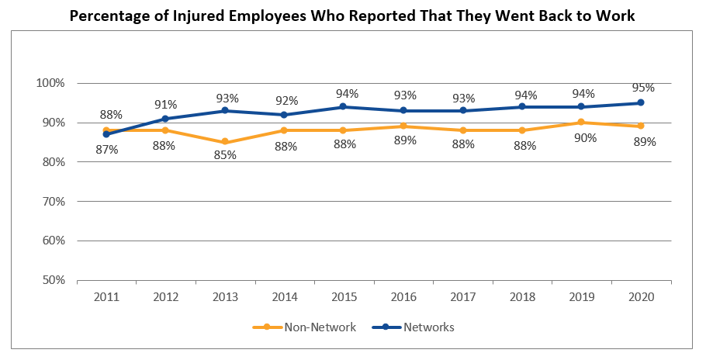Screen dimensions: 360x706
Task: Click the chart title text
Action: pyautogui.click(x=352, y=16)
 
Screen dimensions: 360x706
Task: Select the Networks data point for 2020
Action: pyautogui.click(x=641, y=102)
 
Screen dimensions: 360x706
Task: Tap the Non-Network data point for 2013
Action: pyautogui.click(x=225, y=142)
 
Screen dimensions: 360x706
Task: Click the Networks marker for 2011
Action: pyautogui.click(x=106, y=134)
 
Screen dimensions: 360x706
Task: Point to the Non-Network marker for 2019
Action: pyautogui.click(x=581, y=123)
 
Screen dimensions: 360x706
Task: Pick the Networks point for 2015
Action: pyautogui.click(x=344, y=107)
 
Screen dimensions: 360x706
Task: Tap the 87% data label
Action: pyautogui.click(x=106, y=149)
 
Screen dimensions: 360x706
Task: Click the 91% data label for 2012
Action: pyautogui.click(x=166, y=104)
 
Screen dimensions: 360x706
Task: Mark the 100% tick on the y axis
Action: pyautogui.click(x=51, y=83)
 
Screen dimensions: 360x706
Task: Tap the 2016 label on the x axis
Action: pyautogui.click(x=403, y=297)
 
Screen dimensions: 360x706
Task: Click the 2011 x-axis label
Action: pyautogui.click(x=106, y=297)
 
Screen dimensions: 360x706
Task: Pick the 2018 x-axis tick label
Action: pyautogui.click(x=522, y=297)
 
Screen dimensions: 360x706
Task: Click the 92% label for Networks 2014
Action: pyautogui.click(x=286, y=99)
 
